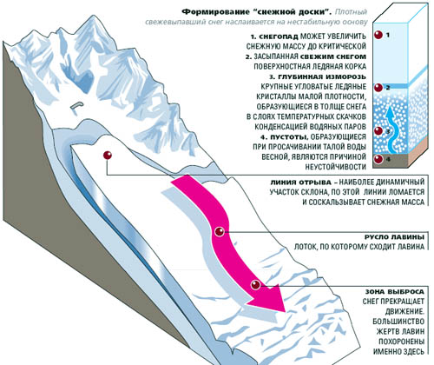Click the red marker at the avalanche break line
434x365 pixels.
click(108, 156)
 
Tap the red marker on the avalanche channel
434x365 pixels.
click(220, 232)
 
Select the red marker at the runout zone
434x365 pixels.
click(255, 285)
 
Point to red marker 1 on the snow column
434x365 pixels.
click(378, 35)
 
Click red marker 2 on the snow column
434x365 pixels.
click(378, 87)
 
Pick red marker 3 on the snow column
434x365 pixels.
click(378, 130)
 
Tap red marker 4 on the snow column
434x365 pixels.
click(378, 159)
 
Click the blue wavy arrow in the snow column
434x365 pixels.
click(392, 129)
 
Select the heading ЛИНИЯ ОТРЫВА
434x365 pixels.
click(300, 182)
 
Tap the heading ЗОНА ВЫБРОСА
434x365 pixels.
click(395, 291)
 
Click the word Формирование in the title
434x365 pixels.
click(209, 12)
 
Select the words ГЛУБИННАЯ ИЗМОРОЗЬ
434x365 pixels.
click(321, 76)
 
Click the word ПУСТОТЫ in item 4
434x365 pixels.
click(286, 136)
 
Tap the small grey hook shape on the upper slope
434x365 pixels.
click(76, 105)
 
